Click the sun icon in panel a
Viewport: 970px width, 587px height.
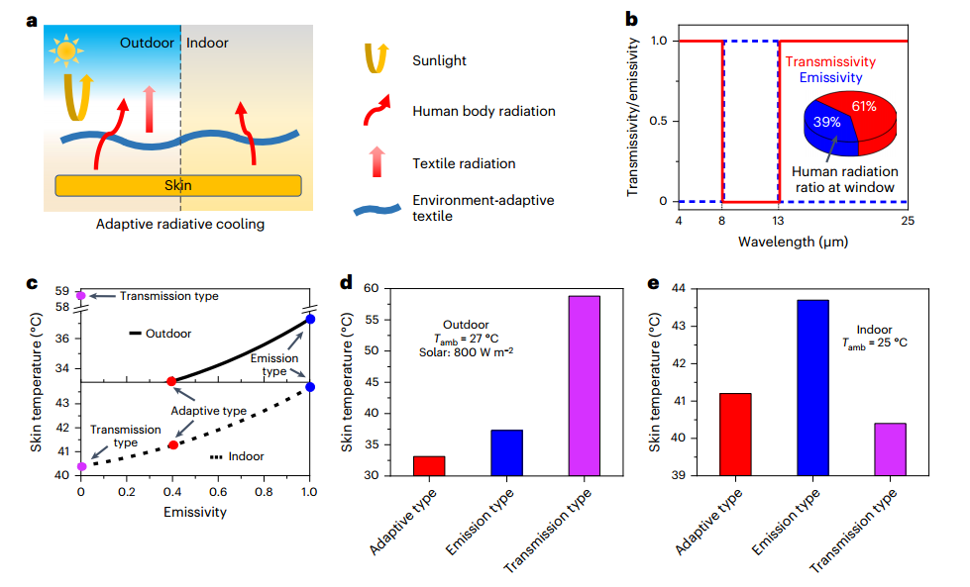(66, 49)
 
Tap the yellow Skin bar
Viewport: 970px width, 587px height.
(178, 185)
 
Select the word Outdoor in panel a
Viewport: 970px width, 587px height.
(148, 44)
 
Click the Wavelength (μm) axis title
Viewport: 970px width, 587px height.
(793, 242)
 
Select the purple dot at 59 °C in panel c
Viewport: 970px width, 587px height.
(81, 295)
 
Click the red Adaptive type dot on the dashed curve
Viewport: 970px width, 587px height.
(172, 444)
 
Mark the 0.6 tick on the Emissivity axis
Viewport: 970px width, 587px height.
(218, 490)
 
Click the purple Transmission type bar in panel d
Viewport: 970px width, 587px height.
(584, 385)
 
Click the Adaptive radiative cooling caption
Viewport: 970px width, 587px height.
(179, 225)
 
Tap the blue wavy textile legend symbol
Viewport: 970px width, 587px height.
(382, 209)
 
